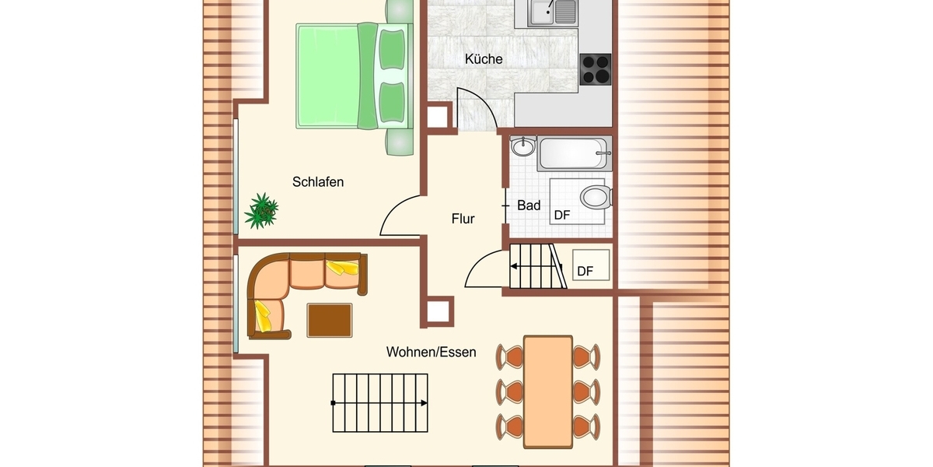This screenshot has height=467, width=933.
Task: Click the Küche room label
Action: click(x=484, y=59)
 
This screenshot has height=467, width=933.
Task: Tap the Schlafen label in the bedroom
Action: click(x=318, y=182)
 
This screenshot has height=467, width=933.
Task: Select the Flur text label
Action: click(x=463, y=219)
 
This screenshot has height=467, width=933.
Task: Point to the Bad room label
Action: click(x=529, y=205)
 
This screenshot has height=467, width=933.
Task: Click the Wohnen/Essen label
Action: click(x=431, y=352)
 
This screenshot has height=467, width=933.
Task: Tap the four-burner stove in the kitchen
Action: click(x=596, y=69)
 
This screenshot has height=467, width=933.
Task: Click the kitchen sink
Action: click(x=553, y=13)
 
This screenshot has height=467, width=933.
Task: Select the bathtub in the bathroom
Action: click(x=575, y=153)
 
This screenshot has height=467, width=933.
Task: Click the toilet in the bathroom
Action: click(x=596, y=197)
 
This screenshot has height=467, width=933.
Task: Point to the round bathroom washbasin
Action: click(x=522, y=146)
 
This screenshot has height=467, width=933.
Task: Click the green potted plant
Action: click(x=261, y=211)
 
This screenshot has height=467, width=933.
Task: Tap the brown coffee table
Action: click(x=330, y=320)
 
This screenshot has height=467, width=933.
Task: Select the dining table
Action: click(x=547, y=392)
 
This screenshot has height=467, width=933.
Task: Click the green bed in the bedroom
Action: click(x=354, y=76)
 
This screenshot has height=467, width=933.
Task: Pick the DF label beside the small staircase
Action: click(x=585, y=272)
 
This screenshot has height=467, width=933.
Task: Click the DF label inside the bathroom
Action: click(x=562, y=215)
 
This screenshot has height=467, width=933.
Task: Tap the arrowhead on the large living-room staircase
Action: click(x=424, y=403)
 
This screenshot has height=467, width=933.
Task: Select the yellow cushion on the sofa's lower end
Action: click(x=263, y=316)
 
